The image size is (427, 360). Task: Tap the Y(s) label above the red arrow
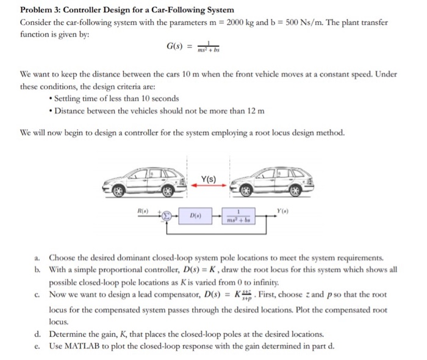tap(208, 179)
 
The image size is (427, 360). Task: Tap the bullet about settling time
tap(116, 98)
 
